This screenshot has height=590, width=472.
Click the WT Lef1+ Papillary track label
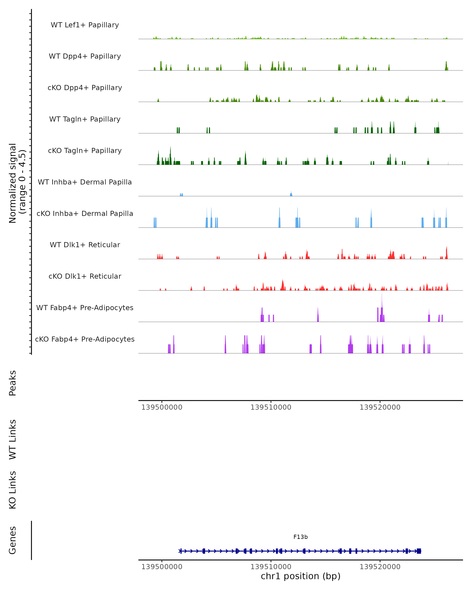pyautogui.click(x=85, y=25)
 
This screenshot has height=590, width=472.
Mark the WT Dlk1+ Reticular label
pyautogui.click(x=85, y=245)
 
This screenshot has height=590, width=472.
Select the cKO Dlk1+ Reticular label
pyautogui.click(x=85, y=276)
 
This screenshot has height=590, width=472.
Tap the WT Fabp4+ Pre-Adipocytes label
pyautogui.click(x=85, y=308)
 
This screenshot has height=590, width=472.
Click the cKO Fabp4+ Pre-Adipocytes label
pyautogui.click(x=85, y=339)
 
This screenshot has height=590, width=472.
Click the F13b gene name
pyautogui.click(x=301, y=537)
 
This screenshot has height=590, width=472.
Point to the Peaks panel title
pyautogui.click(x=13, y=383)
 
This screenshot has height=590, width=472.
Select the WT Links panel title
pyautogui.click(x=13, y=439)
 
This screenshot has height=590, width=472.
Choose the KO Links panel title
pyautogui.click(x=13, y=490)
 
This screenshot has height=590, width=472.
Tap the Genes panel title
pyautogui.click(x=13, y=540)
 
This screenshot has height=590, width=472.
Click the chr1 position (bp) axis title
pyautogui.click(x=301, y=576)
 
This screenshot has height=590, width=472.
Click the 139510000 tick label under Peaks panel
pyautogui.click(x=271, y=407)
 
